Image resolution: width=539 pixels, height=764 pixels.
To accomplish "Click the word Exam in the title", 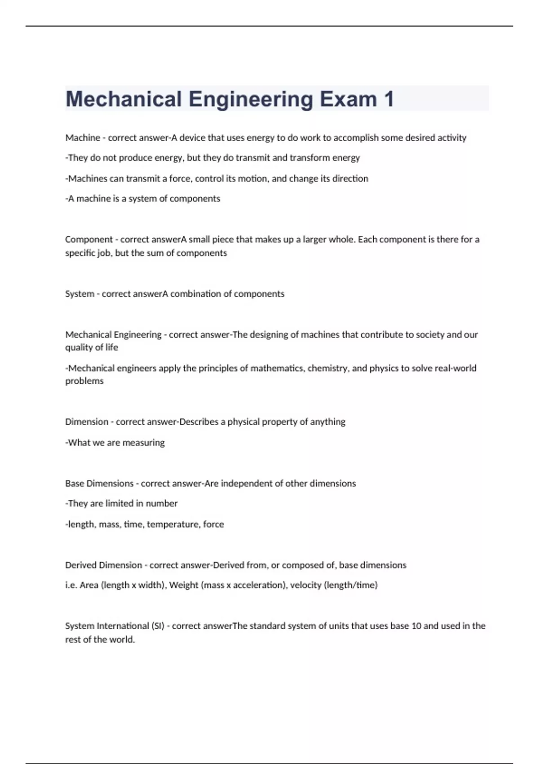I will [x=348, y=99].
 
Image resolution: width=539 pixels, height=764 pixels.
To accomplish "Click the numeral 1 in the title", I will [x=389, y=99].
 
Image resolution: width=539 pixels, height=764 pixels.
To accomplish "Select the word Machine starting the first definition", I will [x=83, y=138].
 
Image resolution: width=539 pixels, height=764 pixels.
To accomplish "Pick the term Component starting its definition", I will [x=89, y=240].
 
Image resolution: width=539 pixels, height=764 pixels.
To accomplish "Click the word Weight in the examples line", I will [x=183, y=585].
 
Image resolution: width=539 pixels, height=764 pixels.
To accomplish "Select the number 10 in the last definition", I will [x=416, y=626].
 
